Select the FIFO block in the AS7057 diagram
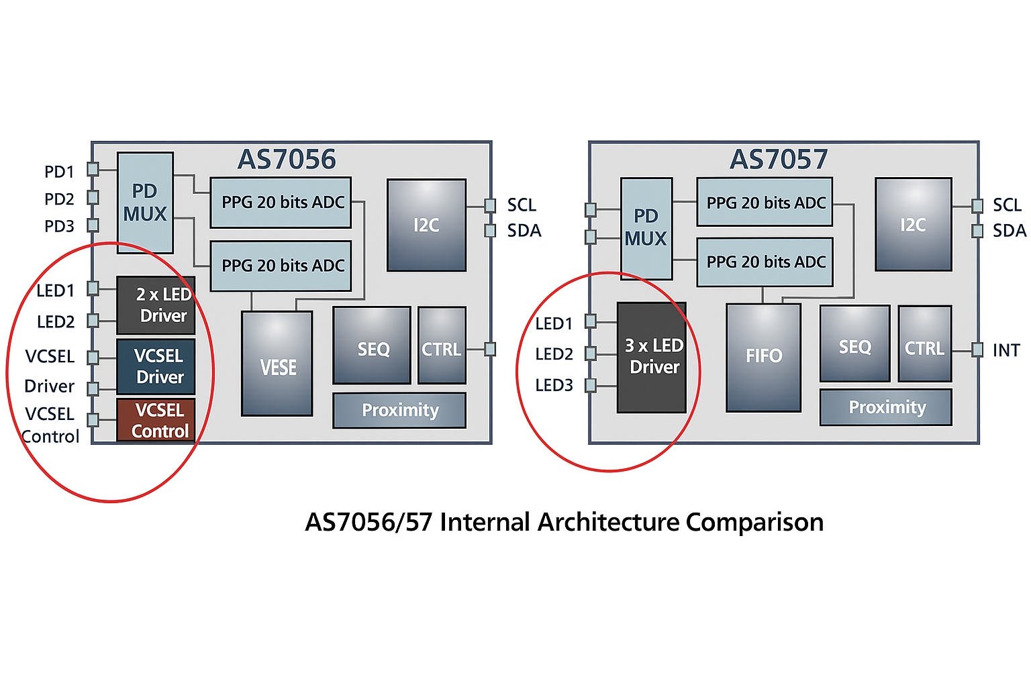coord(763,357)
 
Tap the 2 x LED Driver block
coord(156,305)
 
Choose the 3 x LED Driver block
coord(651,357)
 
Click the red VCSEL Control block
coord(156,420)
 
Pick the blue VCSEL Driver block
coord(156,366)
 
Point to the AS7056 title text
coord(287,160)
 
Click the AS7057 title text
coord(779,160)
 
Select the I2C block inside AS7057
coord(913,224)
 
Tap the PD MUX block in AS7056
coord(145,203)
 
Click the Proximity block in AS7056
coord(399,410)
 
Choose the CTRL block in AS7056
coord(442,346)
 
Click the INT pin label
coord(1005,350)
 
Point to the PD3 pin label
coord(59,226)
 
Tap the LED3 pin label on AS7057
coord(554,385)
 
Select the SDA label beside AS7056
coord(524,231)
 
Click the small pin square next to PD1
coord(93,169)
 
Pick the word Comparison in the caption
coord(754,522)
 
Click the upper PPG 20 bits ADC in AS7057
coord(765,202)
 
